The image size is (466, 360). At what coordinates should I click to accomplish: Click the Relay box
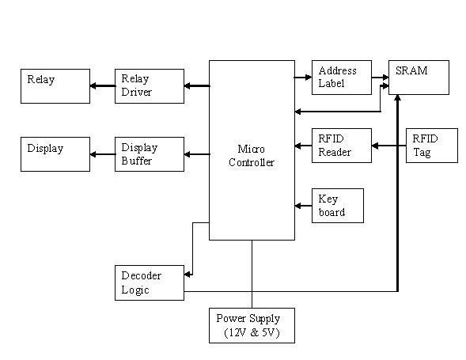[55, 86]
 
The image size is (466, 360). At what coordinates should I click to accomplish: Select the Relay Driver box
[149, 86]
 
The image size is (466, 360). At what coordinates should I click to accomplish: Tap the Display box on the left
[55, 154]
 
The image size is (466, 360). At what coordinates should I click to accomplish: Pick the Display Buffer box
[149, 154]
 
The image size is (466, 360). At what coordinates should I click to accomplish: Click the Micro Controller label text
[256, 156]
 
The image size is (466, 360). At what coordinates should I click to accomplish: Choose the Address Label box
[341, 77]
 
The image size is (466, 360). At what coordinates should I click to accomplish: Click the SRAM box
[419, 77]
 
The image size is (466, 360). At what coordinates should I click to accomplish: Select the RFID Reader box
[341, 146]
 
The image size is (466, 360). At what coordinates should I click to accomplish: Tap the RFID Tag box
[431, 146]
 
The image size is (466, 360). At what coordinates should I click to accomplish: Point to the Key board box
[337, 206]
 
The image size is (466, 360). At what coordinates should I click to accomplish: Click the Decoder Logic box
[149, 282]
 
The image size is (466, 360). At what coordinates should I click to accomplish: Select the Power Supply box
[252, 325]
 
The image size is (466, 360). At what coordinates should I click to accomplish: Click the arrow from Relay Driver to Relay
[102, 86]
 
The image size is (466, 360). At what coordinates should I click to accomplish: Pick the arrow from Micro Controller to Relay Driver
[196, 86]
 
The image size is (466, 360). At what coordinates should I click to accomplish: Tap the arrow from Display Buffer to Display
[102, 154]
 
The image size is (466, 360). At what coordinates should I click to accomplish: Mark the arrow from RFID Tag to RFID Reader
[388, 146]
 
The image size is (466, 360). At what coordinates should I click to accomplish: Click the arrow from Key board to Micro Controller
[303, 206]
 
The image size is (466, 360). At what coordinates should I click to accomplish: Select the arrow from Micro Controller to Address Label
[302, 77]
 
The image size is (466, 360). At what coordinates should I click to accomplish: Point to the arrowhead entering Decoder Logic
[188, 275]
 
